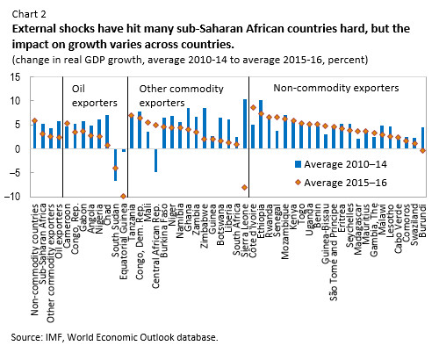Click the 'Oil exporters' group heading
coord(91,89)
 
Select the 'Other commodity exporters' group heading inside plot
coord(181,89)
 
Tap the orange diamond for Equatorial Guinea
coord(124,196)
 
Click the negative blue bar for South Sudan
coord(115,164)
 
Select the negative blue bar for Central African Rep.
coord(155,160)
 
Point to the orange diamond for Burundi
coord(423,150)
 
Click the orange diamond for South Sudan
coord(115,168)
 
